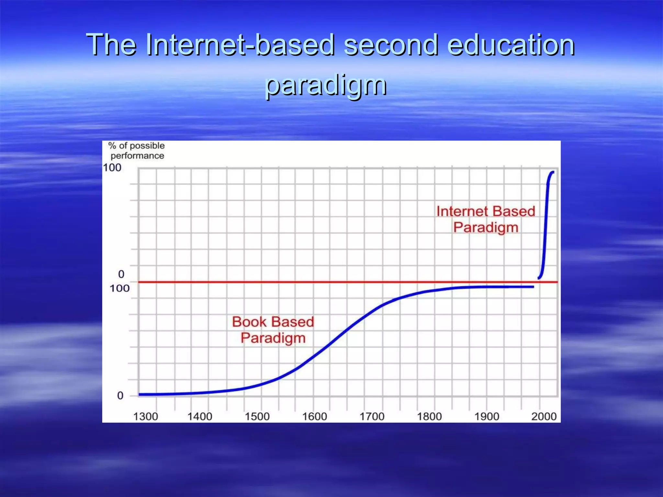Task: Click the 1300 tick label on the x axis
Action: point(146,416)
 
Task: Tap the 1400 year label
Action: point(200,416)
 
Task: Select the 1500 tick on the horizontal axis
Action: point(257,416)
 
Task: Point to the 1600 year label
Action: point(314,416)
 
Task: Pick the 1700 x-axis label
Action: point(372,416)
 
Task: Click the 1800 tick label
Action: point(429,416)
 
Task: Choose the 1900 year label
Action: point(487,416)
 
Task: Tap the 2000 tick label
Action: point(544,416)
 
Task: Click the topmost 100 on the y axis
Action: point(112,168)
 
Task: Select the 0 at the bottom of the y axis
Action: point(120,395)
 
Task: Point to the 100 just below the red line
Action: point(119,288)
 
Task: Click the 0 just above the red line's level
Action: point(121,274)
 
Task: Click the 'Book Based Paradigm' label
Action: point(273,330)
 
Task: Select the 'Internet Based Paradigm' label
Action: point(486,219)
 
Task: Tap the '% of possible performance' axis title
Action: point(137,151)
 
